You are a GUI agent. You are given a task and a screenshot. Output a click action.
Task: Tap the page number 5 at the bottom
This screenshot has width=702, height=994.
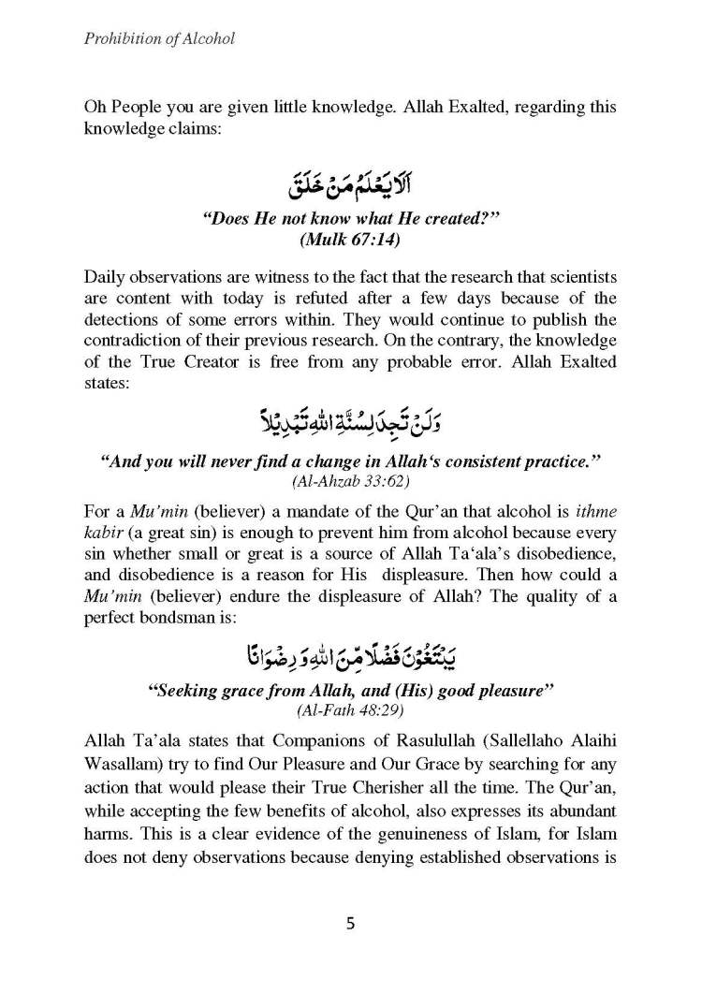pyautogui.click(x=350, y=923)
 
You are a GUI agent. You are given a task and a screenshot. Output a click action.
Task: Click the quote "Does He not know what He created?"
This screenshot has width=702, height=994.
pyautogui.click(x=350, y=221)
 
